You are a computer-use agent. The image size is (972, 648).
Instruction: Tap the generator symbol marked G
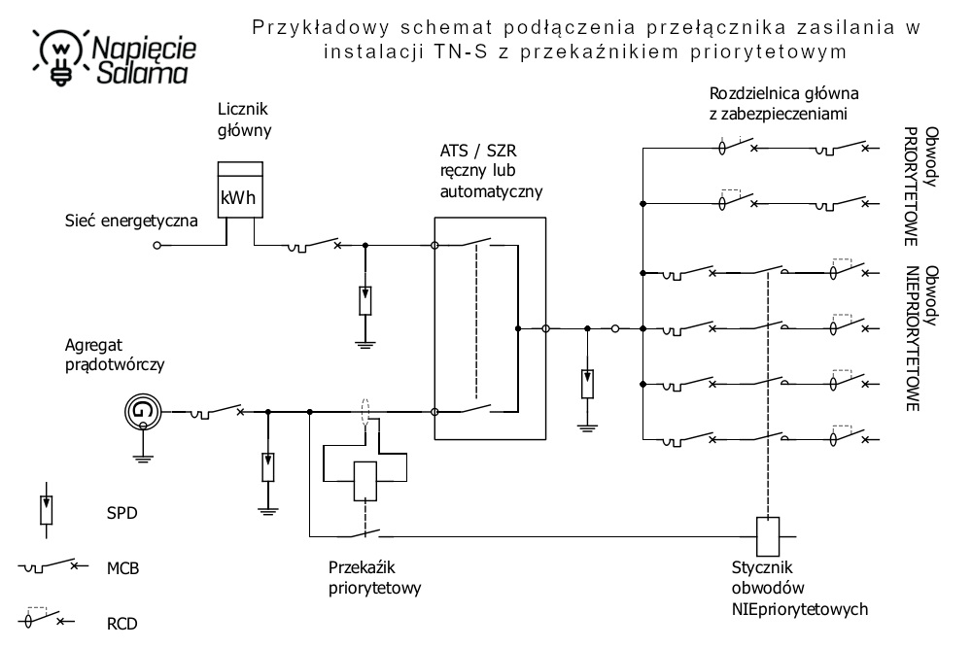click(143, 411)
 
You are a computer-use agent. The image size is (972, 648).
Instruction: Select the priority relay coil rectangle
click(364, 479)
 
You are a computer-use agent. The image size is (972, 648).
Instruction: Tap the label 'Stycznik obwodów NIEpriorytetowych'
click(798, 588)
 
